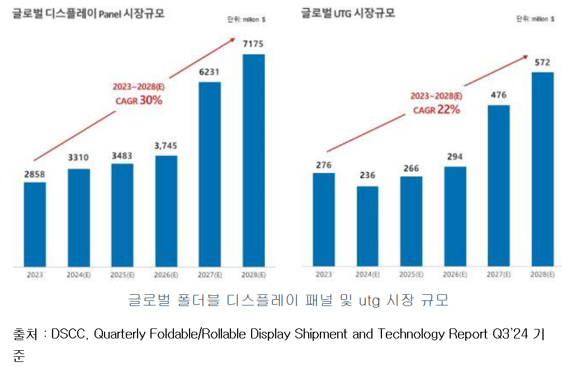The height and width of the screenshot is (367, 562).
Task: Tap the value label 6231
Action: point(210,73)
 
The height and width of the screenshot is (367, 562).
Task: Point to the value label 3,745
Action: point(166,146)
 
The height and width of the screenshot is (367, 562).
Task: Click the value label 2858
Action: point(35,173)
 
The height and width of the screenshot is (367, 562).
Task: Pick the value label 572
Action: point(542,62)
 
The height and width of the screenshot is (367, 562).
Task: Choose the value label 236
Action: point(367,176)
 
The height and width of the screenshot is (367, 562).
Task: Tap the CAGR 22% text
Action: point(436,110)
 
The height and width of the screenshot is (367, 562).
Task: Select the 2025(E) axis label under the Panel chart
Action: point(122,275)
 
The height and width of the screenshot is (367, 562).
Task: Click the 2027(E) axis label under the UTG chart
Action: point(498,275)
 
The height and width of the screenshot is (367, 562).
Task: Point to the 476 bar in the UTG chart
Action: point(498,185)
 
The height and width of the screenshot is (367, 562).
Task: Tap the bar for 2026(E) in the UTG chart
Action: point(455,216)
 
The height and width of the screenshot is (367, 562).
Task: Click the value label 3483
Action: point(122,154)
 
